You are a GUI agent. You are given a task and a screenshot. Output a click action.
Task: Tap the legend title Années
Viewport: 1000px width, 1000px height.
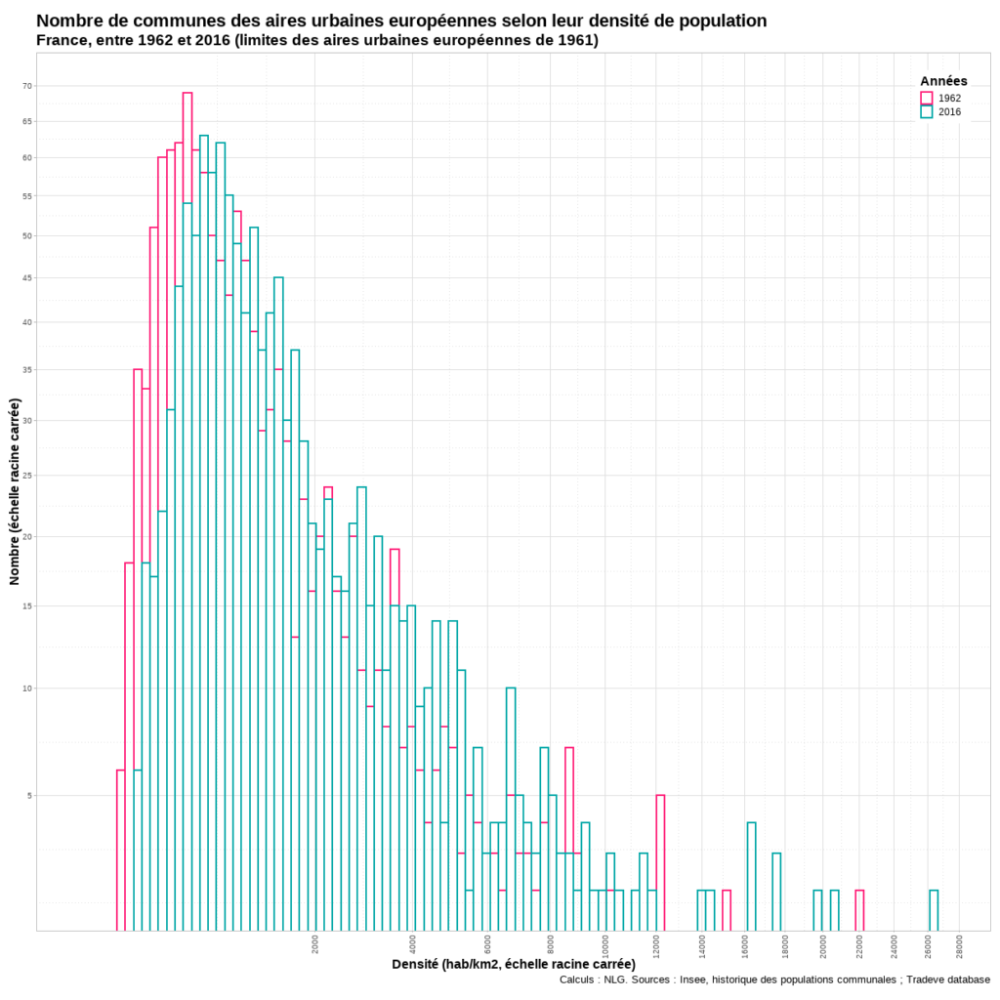coord(943,81)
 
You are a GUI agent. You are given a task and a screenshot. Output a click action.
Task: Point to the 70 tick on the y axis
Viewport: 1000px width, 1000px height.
coord(27,86)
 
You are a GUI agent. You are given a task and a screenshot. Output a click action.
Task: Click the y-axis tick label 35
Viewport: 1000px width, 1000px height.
coord(27,370)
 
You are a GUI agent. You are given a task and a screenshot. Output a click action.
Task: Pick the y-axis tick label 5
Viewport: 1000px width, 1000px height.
coord(29,796)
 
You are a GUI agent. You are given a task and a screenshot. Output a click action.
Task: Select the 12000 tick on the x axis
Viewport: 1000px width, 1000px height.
coord(655,947)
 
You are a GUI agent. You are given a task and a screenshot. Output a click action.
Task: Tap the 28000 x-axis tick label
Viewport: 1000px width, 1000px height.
coord(960,947)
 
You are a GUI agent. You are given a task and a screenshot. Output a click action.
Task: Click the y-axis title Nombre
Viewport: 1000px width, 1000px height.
coord(15,491)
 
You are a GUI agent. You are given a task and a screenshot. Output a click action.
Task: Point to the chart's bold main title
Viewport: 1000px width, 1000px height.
coord(401,21)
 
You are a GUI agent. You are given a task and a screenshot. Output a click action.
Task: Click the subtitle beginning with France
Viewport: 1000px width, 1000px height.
coord(317,40)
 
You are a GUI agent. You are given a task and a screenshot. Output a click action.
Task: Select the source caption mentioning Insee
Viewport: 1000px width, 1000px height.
coord(774,979)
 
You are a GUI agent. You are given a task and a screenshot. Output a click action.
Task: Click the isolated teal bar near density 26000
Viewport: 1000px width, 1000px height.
coord(934,910)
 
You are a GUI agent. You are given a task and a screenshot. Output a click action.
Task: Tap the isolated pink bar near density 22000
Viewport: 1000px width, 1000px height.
coord(859,910)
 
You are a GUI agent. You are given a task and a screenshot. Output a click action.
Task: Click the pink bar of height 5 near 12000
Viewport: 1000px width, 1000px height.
coord(660,863)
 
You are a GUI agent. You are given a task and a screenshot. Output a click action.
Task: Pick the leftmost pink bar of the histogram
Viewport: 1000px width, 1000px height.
coord(121,850)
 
